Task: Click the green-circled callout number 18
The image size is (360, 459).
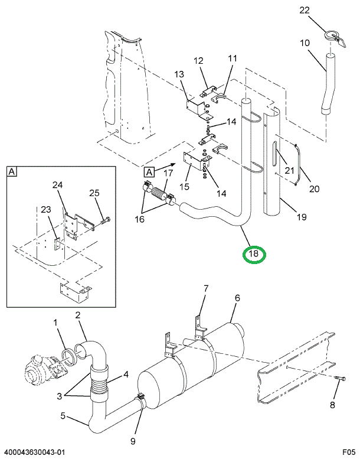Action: click(254, 255)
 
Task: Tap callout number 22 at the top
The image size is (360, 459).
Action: click(304, 11)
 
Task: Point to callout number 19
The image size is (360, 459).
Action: click(302, 217)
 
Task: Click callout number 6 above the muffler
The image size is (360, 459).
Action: click(237, 298)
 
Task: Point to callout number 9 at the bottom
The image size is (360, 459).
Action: click(133, 441)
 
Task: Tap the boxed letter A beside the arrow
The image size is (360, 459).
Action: click(149, 172)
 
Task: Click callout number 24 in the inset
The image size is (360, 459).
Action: click(57, 185)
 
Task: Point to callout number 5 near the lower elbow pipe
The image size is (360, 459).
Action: click(63, 416)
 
